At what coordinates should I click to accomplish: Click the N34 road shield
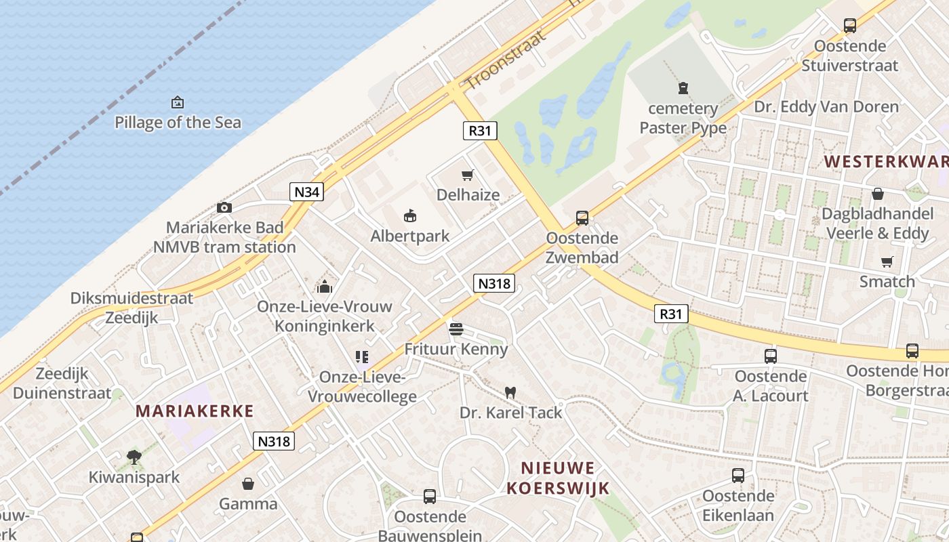(x=307, y=192)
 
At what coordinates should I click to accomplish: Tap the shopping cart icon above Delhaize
(x=467, y=175)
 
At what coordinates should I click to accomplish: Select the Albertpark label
(x=410, y=236)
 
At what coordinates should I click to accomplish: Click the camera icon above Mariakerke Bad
(x=224, y=207)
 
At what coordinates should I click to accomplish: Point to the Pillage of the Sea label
(x=178, y=123)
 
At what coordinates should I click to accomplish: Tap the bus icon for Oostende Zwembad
(x=582, y=218)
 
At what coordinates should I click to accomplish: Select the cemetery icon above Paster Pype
(x=683, y=88)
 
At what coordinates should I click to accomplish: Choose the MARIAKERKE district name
(x=195, y=411)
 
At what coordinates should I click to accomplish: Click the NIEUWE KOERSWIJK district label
(x=558, y=478)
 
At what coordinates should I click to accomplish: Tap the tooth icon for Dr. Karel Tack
(x=511, y=392)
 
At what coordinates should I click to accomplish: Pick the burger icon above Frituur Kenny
(x=456, y=329)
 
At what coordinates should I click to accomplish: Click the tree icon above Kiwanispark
(x=134, y=457)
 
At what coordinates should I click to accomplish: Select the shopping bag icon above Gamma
(x=248, y=484)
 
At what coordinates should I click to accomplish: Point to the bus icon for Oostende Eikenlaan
(x=738, y=476)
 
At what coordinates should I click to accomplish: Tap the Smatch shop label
(x=887, y=281)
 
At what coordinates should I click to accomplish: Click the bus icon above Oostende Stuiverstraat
(x=850, y=26)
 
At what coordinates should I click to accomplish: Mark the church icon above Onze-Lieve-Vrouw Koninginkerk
(x=325, y=287)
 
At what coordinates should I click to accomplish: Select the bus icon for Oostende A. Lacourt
(x=771, y=356)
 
